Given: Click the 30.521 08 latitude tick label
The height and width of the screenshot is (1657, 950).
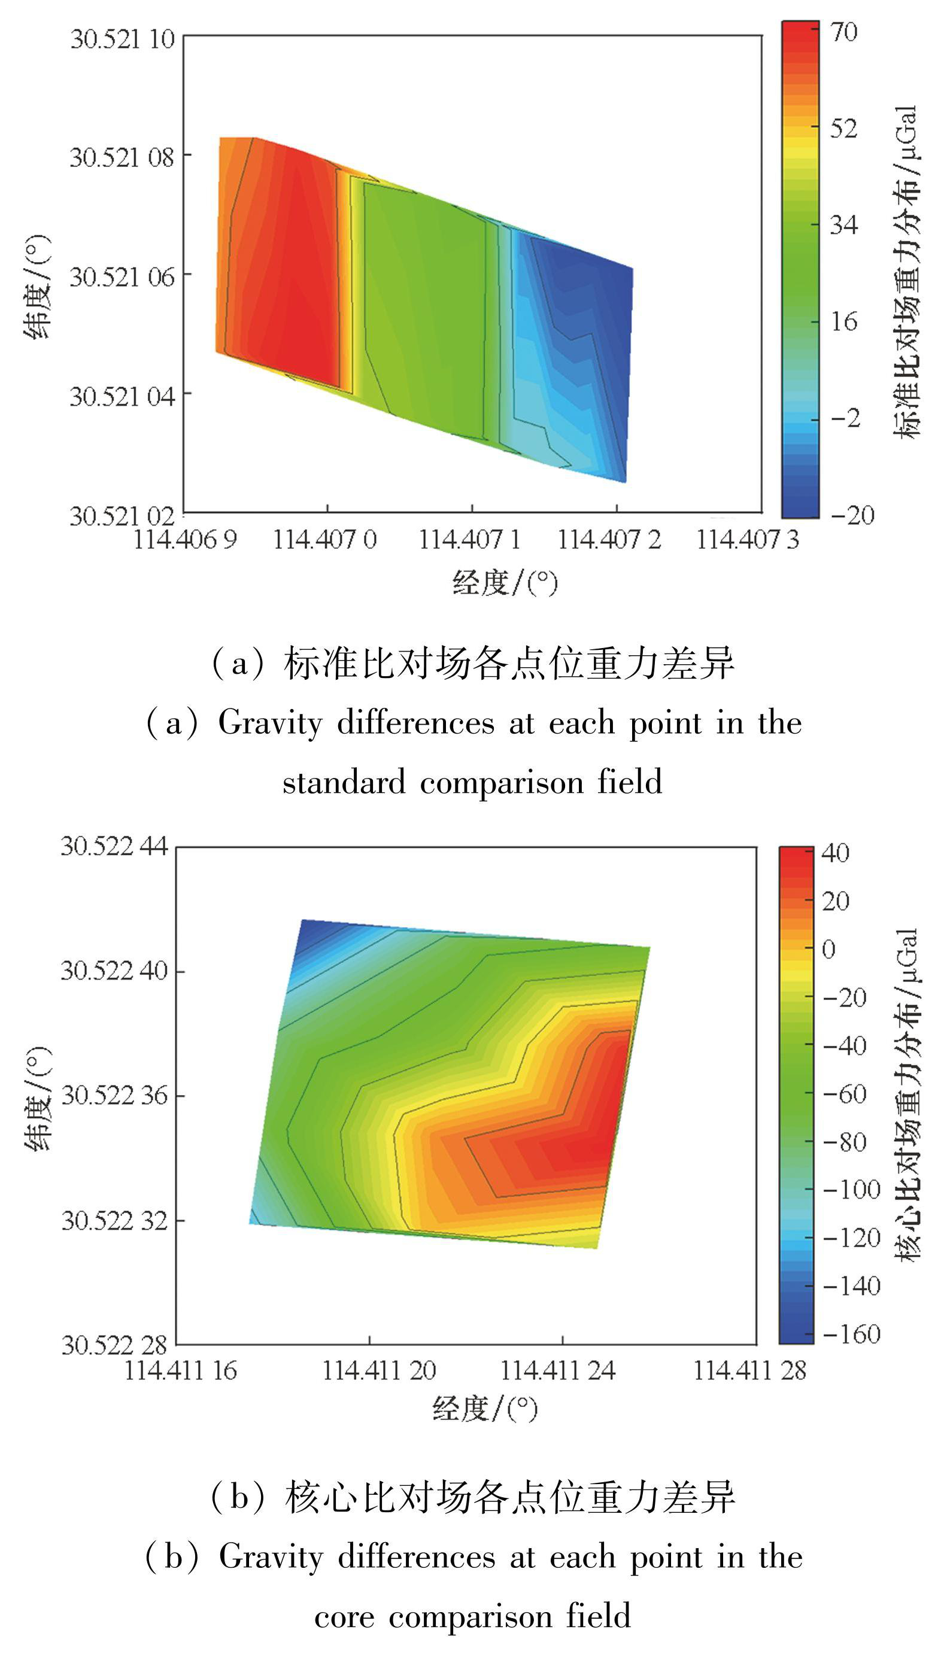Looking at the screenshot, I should tap(122, 157).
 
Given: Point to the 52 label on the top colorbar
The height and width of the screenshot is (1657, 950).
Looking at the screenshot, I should tap(843, 129).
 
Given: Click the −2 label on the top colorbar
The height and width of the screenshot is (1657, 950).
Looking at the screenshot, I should tap(846, 418).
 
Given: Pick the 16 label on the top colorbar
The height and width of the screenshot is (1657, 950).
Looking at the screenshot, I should tap(843, 321).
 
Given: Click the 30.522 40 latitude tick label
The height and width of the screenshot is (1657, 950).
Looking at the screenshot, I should tap(114, 971).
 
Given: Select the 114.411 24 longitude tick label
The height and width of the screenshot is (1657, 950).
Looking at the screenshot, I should tap(558, 1370).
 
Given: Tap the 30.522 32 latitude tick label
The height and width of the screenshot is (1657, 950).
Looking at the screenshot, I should tap(115, 1220).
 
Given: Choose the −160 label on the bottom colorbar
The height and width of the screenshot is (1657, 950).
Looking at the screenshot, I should tap(851, 1334).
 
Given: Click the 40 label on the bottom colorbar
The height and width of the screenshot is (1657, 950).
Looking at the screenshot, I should tap(835, 853).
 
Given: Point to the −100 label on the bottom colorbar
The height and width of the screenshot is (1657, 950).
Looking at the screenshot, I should tap(851, 1190).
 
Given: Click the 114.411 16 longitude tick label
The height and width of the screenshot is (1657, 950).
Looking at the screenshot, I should tap(180, 1370).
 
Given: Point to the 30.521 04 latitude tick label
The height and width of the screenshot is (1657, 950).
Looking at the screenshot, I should tap(122, 396).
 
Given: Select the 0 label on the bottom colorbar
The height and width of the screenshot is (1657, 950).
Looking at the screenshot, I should tap(828, 950).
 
